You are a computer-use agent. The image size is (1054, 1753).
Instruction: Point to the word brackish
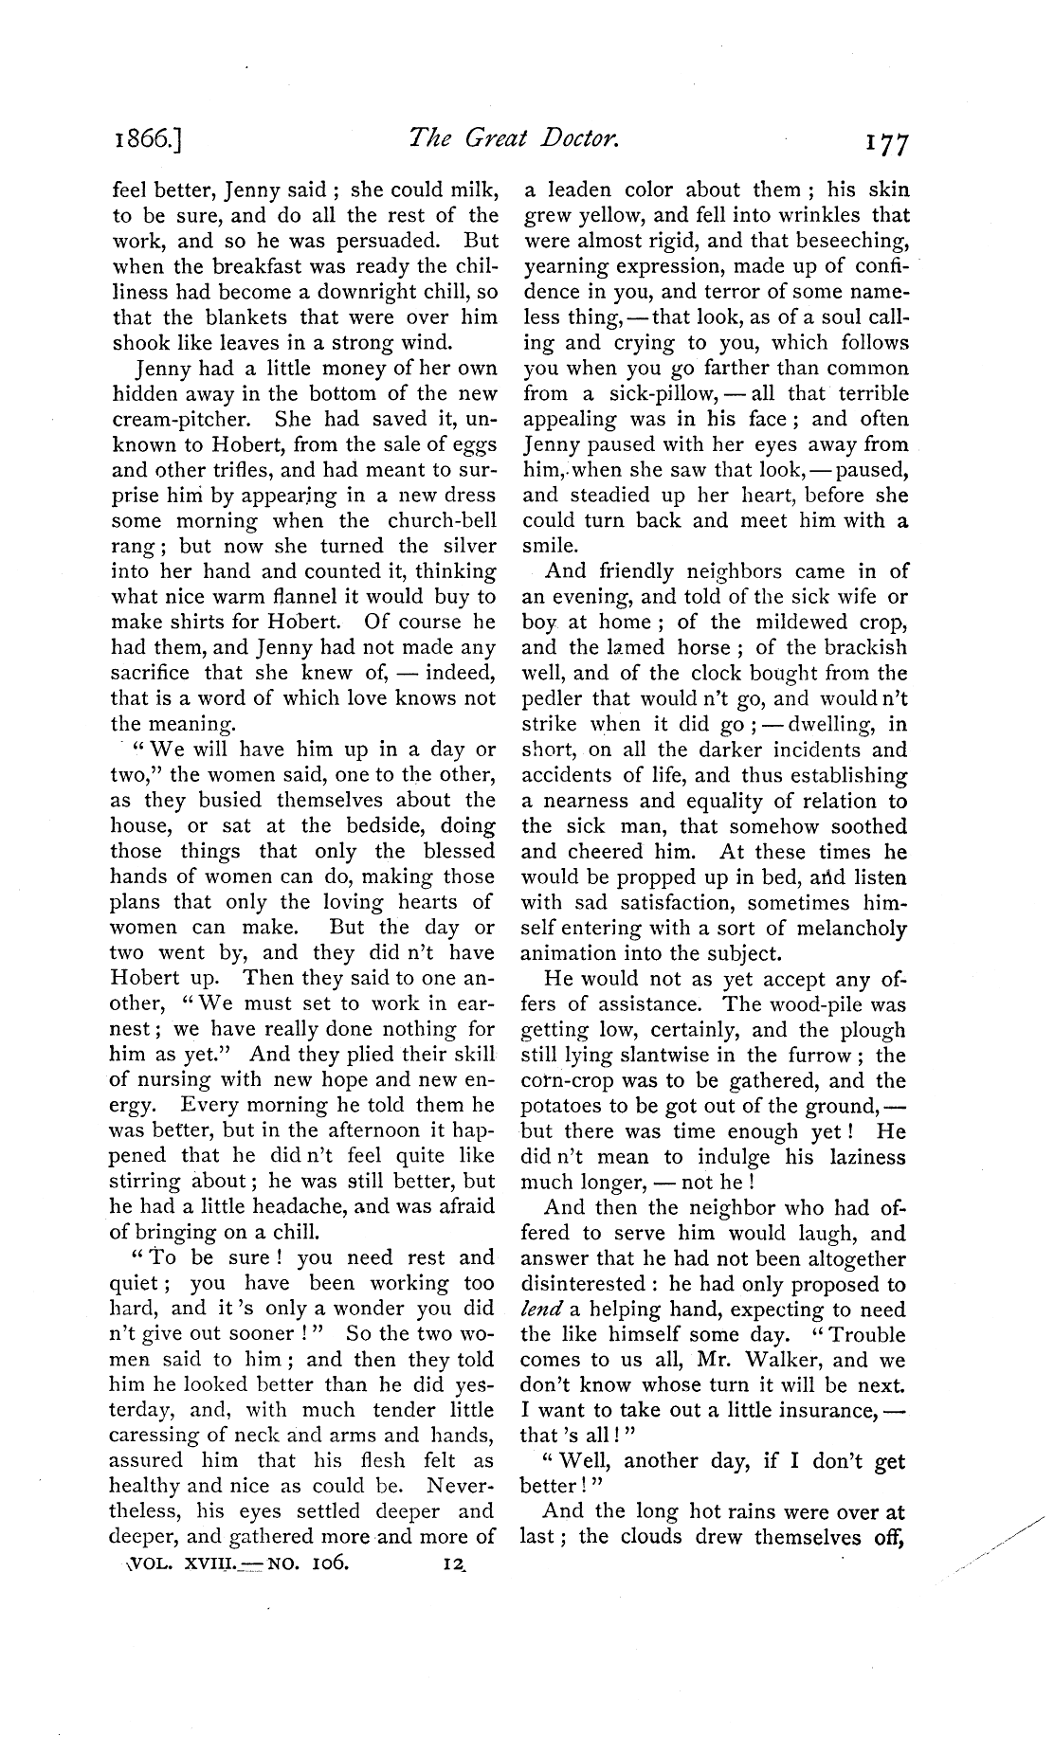tap(860, 647)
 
